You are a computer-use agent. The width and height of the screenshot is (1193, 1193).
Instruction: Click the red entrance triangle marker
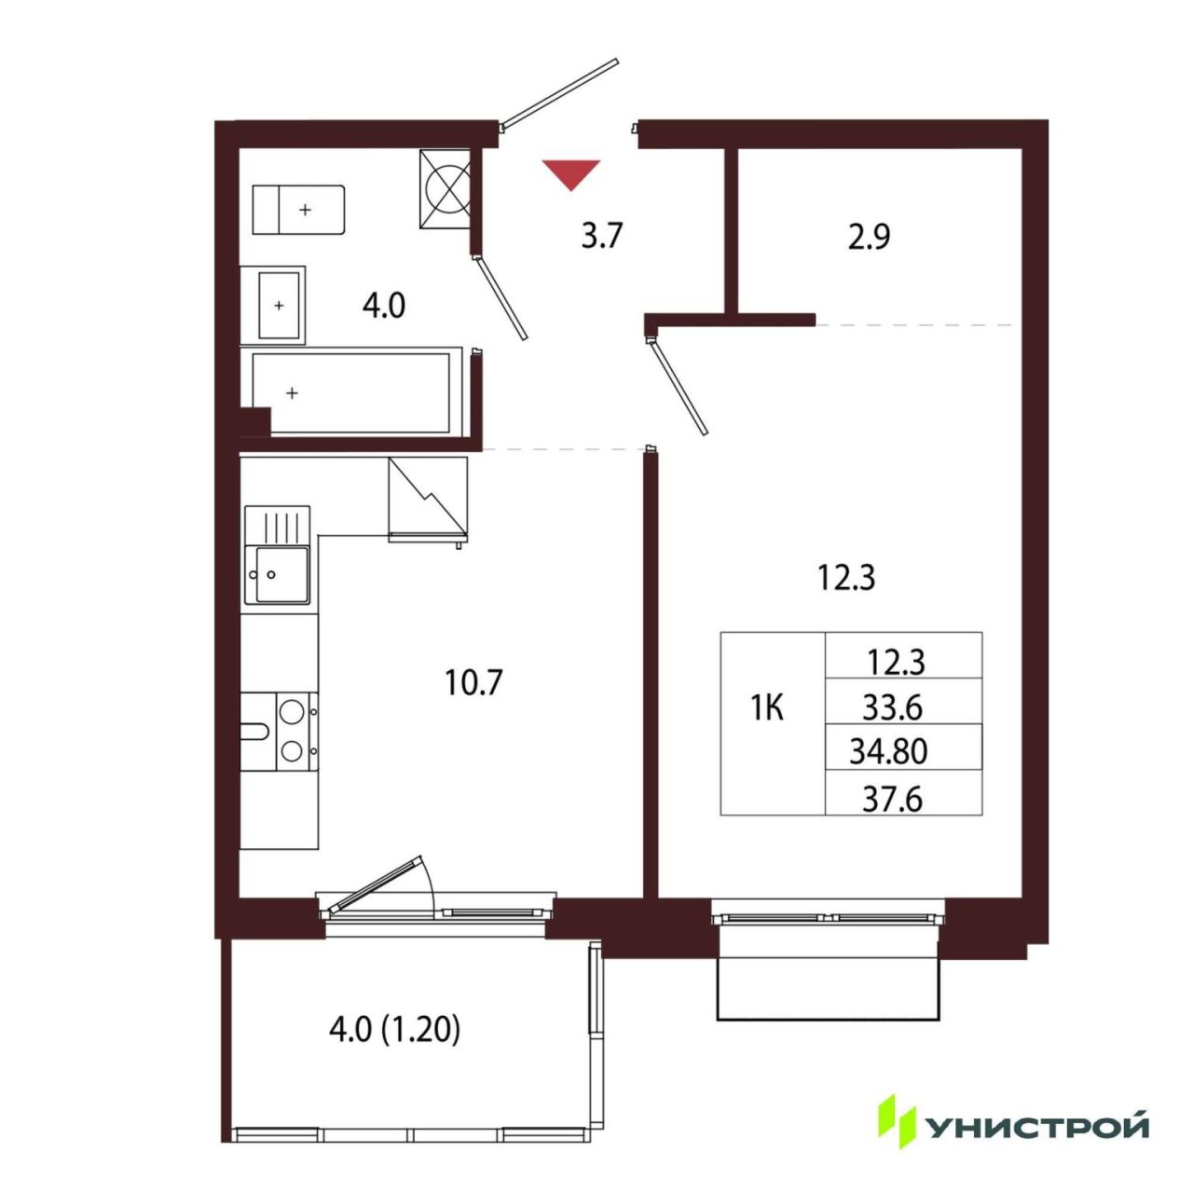pos(570,174)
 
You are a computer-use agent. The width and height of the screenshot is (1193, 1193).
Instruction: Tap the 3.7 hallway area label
pos(601,237)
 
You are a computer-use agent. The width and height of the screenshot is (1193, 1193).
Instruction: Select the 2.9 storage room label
pos(870,237)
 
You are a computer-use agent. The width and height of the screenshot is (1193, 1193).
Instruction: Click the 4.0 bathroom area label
pos(384,306)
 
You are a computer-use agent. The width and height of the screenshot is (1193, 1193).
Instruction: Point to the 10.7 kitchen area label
pos(473,683)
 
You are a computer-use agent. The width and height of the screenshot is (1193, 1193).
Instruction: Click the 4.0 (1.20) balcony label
pos(394,1032)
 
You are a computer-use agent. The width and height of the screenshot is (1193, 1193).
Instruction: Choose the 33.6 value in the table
pos(894,706)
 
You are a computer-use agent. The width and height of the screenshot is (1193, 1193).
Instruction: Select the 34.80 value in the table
pos(888,752)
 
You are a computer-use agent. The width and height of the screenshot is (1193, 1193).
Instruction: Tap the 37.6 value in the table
pos(894,800)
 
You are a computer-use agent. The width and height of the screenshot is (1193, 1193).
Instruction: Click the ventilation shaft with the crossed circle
pos(446,189)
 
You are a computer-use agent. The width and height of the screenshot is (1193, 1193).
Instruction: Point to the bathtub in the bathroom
pos(351,393)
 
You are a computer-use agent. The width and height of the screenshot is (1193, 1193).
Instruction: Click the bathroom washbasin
pos(279,305)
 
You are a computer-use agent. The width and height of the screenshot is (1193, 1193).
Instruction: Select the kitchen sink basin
pos(281,574)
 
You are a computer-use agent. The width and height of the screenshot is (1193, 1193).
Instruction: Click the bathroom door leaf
pos(501,298)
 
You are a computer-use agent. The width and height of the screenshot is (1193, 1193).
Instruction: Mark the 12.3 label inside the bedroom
pos(846,579)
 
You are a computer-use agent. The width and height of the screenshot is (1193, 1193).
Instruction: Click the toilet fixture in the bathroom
pos(298,210)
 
